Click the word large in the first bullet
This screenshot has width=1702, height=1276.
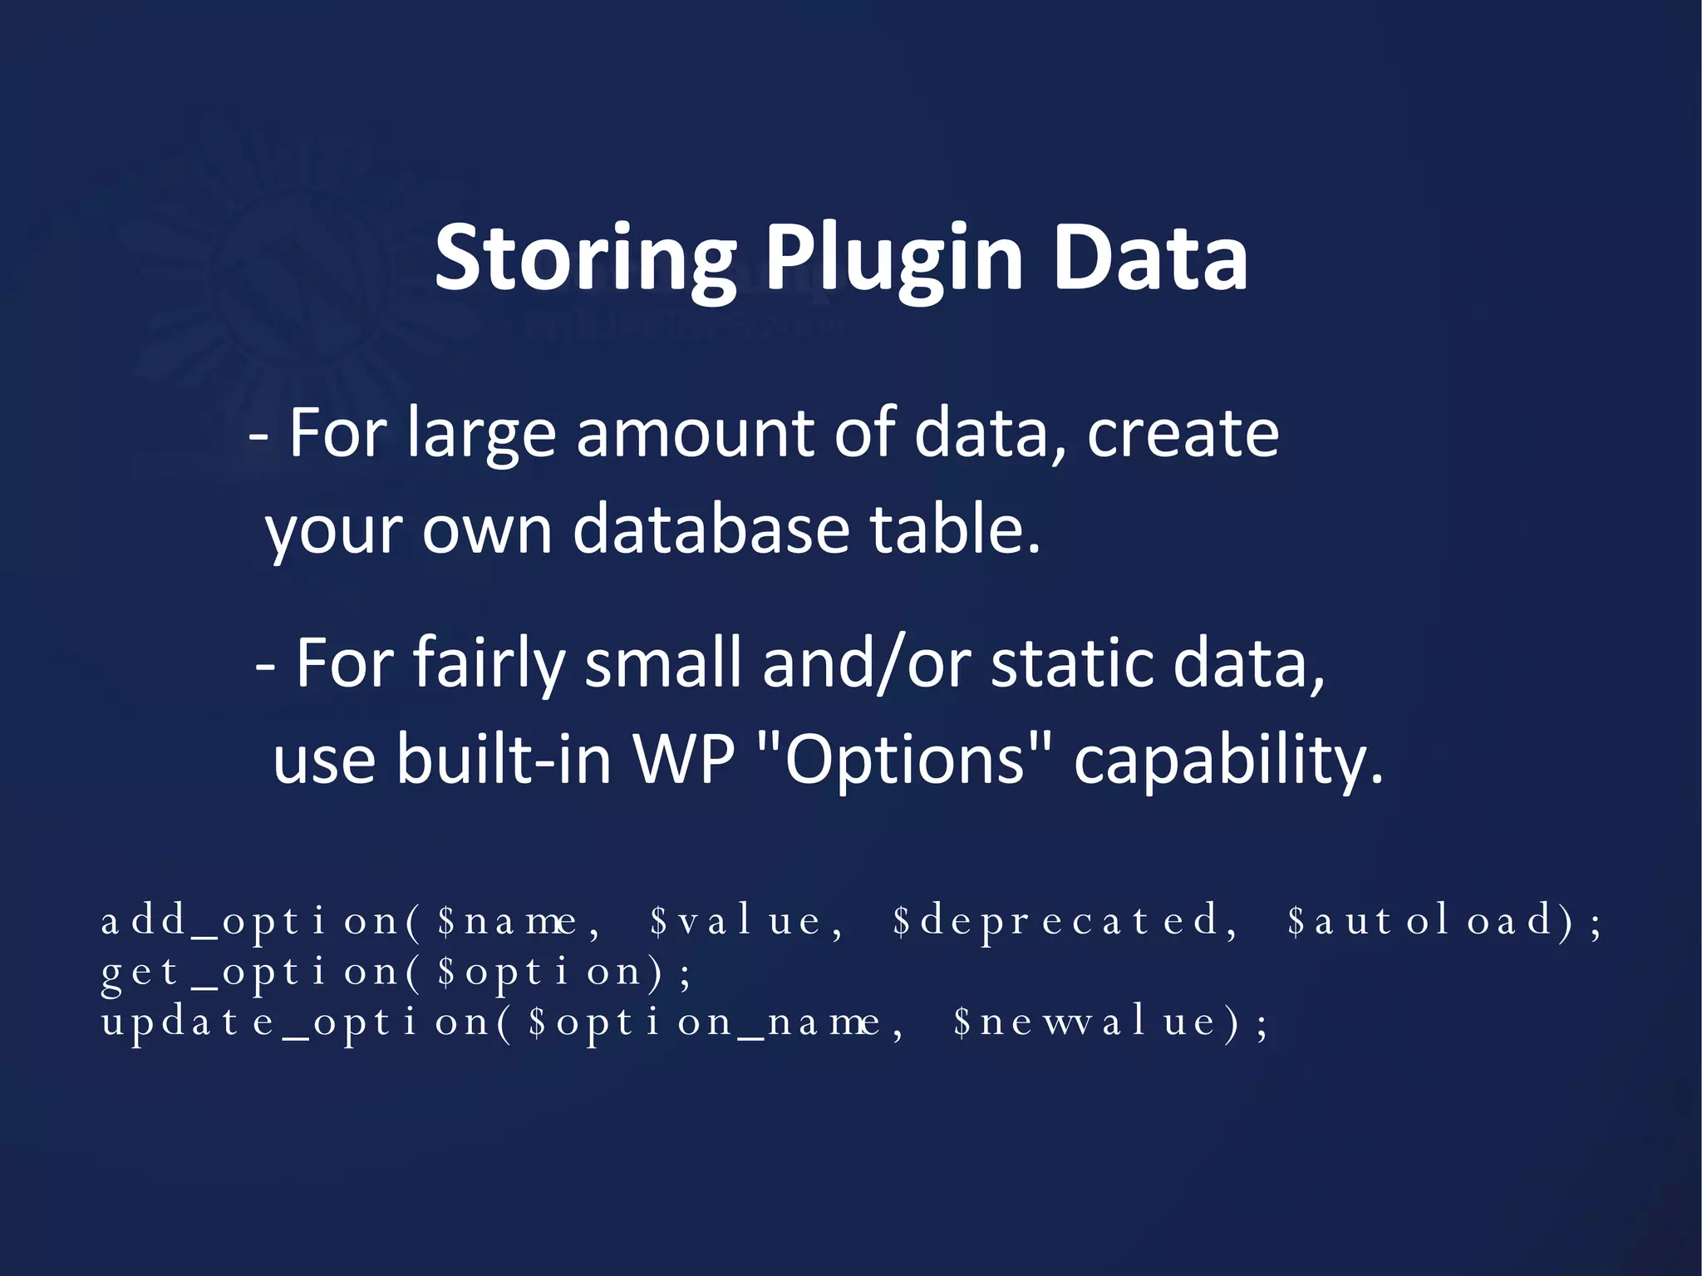click(x=481, y=434)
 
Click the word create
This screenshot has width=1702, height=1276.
click(x=1183, y=434)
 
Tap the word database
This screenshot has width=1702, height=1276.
click(x=711, y=530)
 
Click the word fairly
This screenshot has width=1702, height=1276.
click(x=489, y=663)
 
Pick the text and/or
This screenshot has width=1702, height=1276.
click(x=865, y=663)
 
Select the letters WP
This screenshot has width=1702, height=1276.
click(x=684, y=758)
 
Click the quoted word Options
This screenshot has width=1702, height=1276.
click(x=905, y=758)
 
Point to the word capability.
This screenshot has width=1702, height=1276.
click(x=1227, y=758)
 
